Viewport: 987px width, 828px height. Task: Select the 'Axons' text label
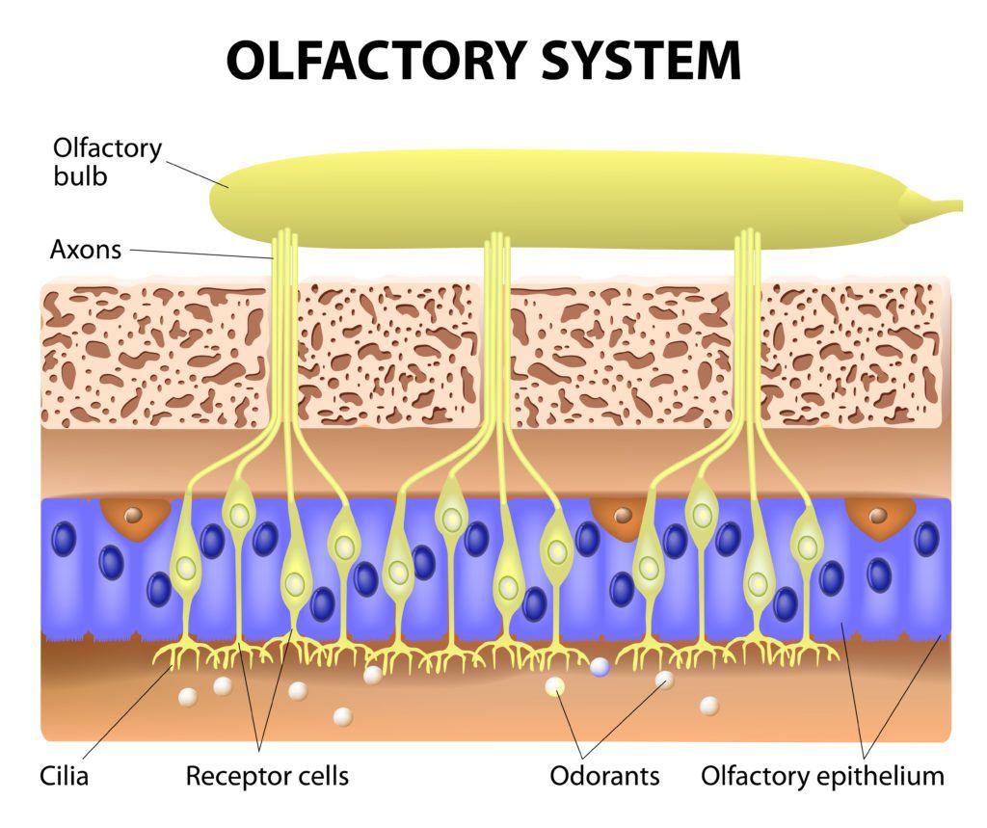point(86,250)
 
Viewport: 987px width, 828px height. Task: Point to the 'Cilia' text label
point(64,775)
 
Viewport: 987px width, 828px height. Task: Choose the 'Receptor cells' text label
point(267,775)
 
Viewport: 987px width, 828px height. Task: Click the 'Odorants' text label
point(604,775)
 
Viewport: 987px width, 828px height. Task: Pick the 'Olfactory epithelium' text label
point(822,775)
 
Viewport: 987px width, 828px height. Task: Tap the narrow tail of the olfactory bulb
point(940,205)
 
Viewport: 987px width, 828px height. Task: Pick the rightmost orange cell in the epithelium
point(877,517)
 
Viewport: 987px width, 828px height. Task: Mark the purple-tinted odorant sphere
point(600,667)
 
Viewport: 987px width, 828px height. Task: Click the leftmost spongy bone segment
point(154,357)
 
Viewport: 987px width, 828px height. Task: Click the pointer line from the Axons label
point(202,254)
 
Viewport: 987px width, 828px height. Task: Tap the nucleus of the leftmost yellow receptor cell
point(185,568)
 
